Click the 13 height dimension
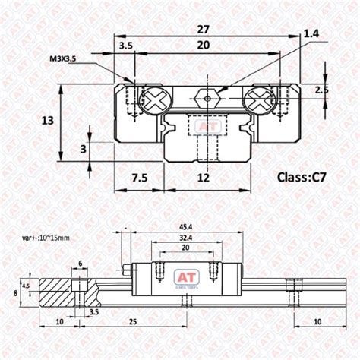[x=47, y=121]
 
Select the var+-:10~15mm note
[x=46, y=237]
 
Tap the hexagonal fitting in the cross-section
[x=203, y=98]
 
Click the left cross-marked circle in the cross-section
[x=153, y=98]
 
